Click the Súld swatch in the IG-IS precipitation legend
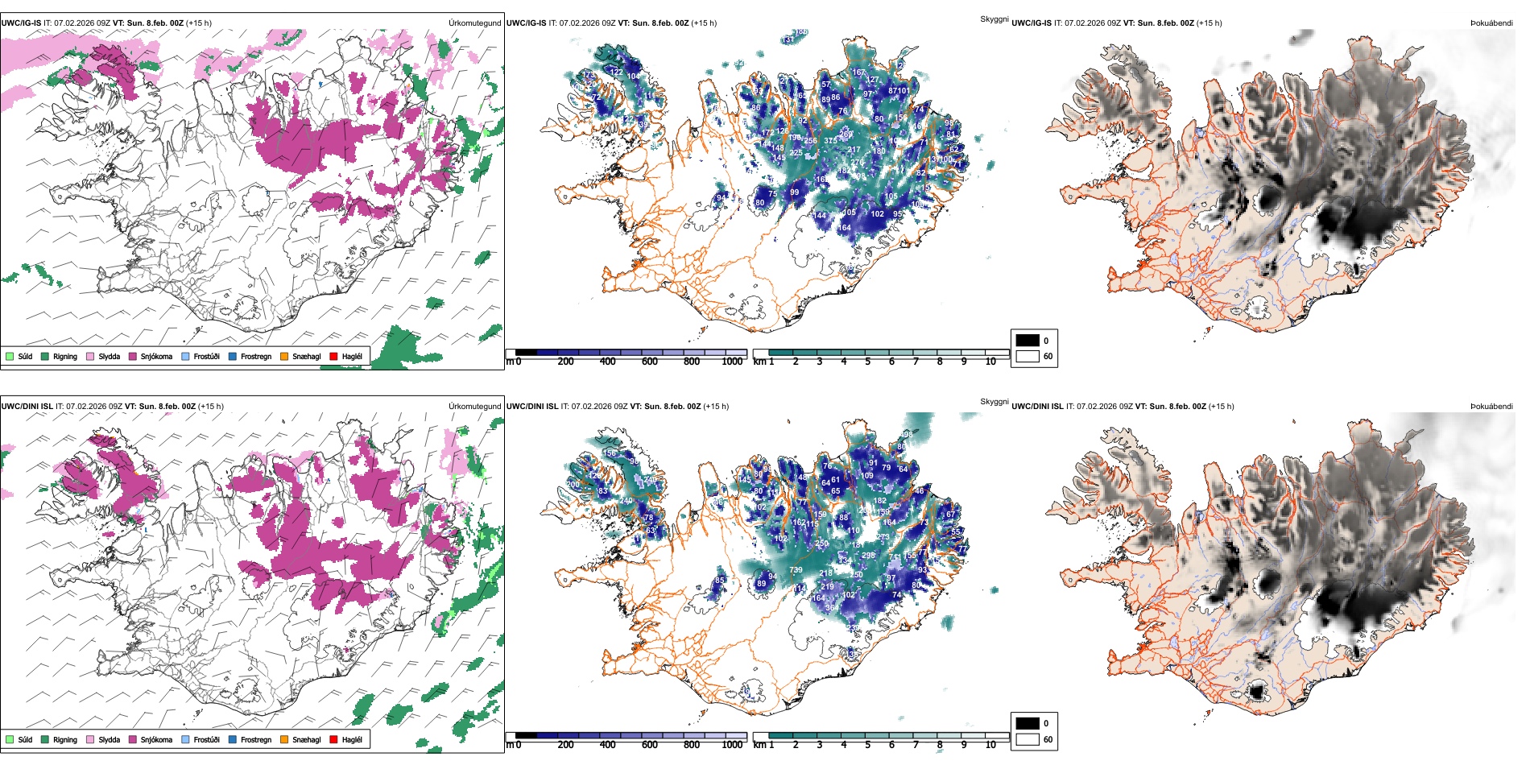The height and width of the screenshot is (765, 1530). [x=10, y=356]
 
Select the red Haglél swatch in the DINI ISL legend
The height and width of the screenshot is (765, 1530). [x=333, y=739]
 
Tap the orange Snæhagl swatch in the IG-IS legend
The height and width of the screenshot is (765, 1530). [x=284, y=356]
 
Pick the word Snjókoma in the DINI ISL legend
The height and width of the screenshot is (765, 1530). [x=156, y=739]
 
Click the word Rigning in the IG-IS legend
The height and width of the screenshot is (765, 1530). [x=65, y=356]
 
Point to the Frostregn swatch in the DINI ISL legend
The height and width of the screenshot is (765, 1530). [x=233, y=739]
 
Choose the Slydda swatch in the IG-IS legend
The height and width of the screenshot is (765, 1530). [x=90, y=356]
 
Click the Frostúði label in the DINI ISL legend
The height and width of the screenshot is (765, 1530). [x=206, y=739]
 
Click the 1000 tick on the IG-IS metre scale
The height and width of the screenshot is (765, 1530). [x=732, y=362]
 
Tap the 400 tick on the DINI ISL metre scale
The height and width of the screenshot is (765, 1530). [x=608, y=745]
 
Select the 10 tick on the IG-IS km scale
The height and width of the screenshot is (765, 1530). [x=990, y=362]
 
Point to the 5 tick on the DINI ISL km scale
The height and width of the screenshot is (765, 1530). [x=868, y=745]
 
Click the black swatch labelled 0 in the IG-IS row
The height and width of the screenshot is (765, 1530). [x=1028, y=341]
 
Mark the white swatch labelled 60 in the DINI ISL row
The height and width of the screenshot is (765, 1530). [x=1028, y=739]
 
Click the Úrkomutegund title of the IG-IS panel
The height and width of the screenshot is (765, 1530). [x=474, y=23]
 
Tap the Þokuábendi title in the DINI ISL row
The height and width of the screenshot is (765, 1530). [x=1491, y=407]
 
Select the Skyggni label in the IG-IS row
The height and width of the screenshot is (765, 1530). [x=994, y=19]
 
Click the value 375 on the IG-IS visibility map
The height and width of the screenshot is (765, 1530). [x=830, y=141]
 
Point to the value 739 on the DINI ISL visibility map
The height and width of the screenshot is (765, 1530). [x=796, y=570]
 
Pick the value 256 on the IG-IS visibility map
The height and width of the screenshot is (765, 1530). [x=810, y=141]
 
